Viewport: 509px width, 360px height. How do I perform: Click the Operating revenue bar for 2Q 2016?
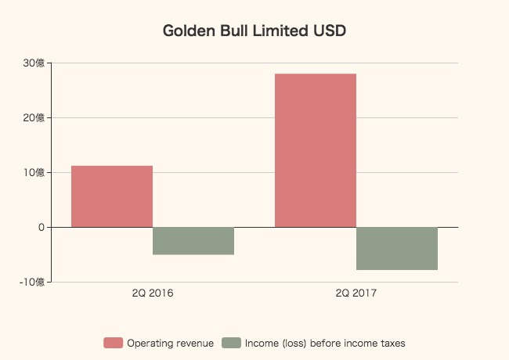tap(112, 196)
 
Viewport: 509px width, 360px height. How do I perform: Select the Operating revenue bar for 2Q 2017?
tap(316, 150)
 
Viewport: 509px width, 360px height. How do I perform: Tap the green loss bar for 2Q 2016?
tap(193, 241)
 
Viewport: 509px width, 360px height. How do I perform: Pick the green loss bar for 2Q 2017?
tap(397, 248)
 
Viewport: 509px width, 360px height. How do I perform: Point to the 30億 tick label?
tap(34, 63)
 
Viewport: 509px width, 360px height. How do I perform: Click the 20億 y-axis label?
tap(34, 118)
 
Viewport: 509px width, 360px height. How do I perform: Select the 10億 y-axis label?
tap(34, 173)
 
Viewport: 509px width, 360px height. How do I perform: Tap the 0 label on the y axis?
tap(41, 228)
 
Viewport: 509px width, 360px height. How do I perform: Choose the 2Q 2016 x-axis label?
tap(153, 294)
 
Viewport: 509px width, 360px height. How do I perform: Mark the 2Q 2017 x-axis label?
tap(356, 294)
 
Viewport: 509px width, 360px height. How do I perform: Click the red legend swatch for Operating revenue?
tap(114, 343)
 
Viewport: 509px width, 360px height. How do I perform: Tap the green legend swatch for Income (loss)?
tap(231, 343)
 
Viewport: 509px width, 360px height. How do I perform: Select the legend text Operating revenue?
tap(170, 343)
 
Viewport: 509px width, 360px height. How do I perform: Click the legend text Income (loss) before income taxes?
tap(325, 343)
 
